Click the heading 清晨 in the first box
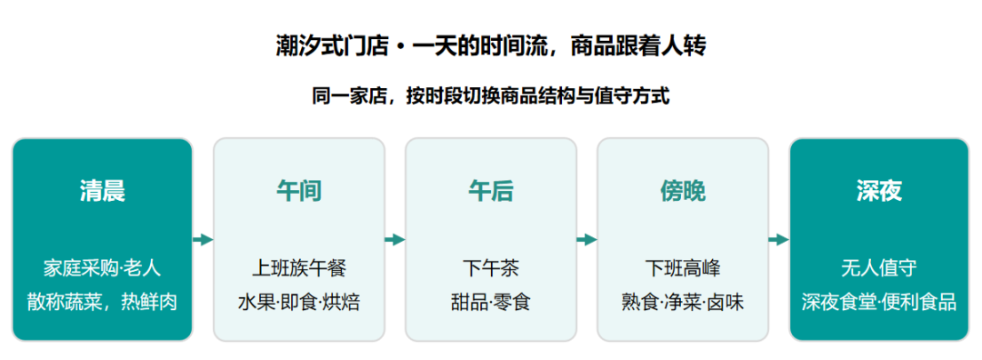click(x=102, y=191)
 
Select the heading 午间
click(x=299, y=191)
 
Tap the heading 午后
click(x=490, y=191)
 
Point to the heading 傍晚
click(x=683, y=191)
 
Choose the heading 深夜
click(x=879, y=191)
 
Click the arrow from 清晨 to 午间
click(x=203, y=240)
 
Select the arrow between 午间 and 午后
click(x=395, y=240)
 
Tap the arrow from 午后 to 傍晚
click(x=586, y=240)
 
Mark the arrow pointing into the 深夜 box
click(x=778, y=240)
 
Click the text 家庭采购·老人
click(x=102, y=268)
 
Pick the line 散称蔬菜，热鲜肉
click(x=102, y=303)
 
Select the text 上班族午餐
click(x=299, y=268)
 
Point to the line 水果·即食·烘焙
click(x=299, y=303)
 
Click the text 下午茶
click(x=490, y=268)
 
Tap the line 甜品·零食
click(x=490, y=303)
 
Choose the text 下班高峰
click(x=683, y=268)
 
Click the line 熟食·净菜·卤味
click(x=683, y=303)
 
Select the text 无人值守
click(x=879, y=268)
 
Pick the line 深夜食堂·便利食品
click(x=879, y=303)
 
